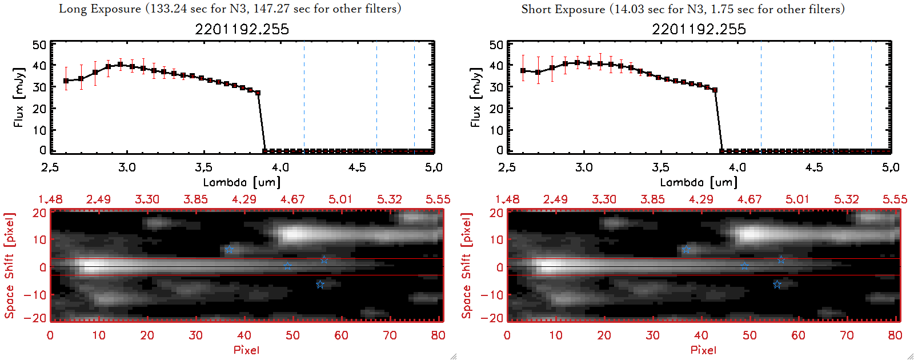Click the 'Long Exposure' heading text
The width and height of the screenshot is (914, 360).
pyautogui.click(x=99, y=9)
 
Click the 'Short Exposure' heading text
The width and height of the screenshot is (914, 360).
pyautogui.click(x=563, y=9)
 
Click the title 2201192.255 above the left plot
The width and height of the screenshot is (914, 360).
pyautogui.click(x=242, y=29)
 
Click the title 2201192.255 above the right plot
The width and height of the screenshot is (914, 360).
pyautogui.click(x=699, y=29)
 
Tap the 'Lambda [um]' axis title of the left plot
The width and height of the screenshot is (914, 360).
pyautogui.click(x=242, y=182)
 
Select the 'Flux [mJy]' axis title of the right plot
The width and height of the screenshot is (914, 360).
pyautogui.click(x=475, y=97)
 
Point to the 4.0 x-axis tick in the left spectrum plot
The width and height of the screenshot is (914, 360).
pyautogui.click(x=280, y=167)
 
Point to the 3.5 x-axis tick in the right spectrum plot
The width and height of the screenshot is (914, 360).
pyautogui.click(x=660, y=167)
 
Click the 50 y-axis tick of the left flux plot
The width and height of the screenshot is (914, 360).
pyautogui.click(x=39, y=45)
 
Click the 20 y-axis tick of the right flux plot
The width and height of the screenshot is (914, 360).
pyautogui.click(x=496, y=109)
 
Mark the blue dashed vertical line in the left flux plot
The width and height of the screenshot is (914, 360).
pyautogui.click(x=304, y=97)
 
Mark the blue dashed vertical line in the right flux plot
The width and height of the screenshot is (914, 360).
pyautogui.click(x=761, y=97)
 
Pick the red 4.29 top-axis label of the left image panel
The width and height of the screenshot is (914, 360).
pyautogui.click(x=244, y=199)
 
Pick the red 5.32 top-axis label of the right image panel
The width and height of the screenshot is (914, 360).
pyautogui.click(x=846, y=199)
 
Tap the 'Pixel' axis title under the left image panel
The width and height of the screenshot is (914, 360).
pyautogui.click(x=246, y=350)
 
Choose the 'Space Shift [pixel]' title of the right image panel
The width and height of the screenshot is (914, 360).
pyautogui.click(x=467, y=266)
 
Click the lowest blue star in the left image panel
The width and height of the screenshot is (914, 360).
pyautogui.click(x=320, y=285)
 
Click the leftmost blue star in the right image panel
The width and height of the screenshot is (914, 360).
pyautogui.click(x=686, y=250)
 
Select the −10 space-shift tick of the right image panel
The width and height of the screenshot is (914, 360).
pyautogui.click(x=492, y=295)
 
